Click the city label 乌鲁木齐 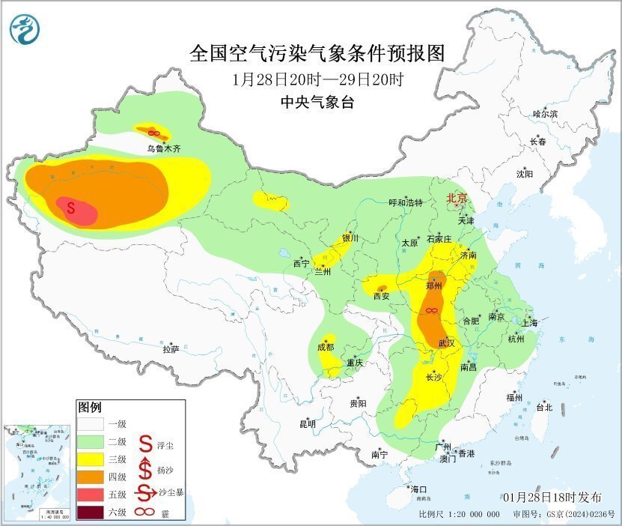tap(163, 149)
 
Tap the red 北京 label tap(457, 199)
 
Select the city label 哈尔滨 tap(545, 114)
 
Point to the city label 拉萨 tap(171, 349)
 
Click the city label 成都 tap(326, 347)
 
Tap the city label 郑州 tap(434, 285)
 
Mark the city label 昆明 tap(308, 424)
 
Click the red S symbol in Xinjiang tap(70, 208)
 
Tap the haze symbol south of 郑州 tap(431, 310)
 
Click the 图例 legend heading tap(89, 407)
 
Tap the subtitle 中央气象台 tap(317, 103)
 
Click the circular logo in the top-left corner tap(24, 29)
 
